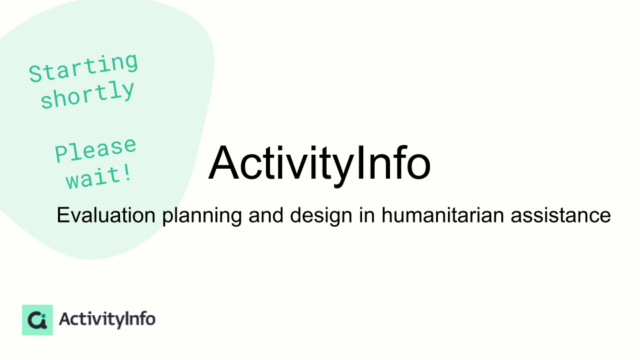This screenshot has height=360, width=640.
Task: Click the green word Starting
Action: point(83,67)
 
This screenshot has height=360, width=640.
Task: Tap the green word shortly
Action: point(87,95)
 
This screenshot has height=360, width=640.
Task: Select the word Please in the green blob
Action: point(95,149)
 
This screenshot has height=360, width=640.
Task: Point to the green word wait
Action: point(94,177)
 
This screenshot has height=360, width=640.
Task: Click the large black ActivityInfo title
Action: point(319,163)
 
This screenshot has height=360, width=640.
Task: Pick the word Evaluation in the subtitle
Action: point(106,215)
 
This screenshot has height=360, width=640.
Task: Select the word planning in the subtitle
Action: point(202,216)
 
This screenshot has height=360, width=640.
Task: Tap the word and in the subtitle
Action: point(266,215)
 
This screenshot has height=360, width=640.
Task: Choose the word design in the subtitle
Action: point(321,216)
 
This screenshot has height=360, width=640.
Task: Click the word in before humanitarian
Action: point(367,215)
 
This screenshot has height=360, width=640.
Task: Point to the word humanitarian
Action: point(443,215)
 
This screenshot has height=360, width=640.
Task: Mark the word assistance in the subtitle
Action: point(561,215)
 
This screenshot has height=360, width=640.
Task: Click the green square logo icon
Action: point(37,320)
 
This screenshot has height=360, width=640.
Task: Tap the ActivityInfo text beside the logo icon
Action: point(107,319)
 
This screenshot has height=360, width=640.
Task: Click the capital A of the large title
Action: point(224,163)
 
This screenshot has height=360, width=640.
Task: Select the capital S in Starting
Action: point(35,74)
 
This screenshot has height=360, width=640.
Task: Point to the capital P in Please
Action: point(61,153)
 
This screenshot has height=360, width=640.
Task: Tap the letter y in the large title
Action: point(341,169)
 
